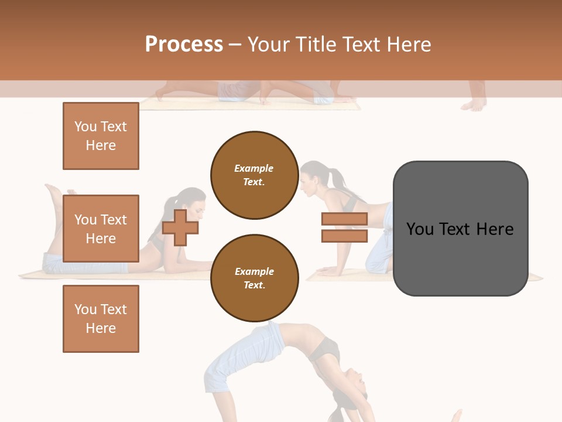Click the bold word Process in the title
pos(184,45)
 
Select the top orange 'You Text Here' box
pos(101,136)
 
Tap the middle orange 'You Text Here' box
pos(101,229)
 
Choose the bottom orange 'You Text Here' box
pos(101,319)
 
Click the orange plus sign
pos(180,227)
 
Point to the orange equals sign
pos(344,227)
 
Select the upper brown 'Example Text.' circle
pos(254,175)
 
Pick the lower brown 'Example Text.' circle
pos(254,278)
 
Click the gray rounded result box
pos(460,229)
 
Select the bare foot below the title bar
pos(474,104)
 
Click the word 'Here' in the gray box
pos(495,229)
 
